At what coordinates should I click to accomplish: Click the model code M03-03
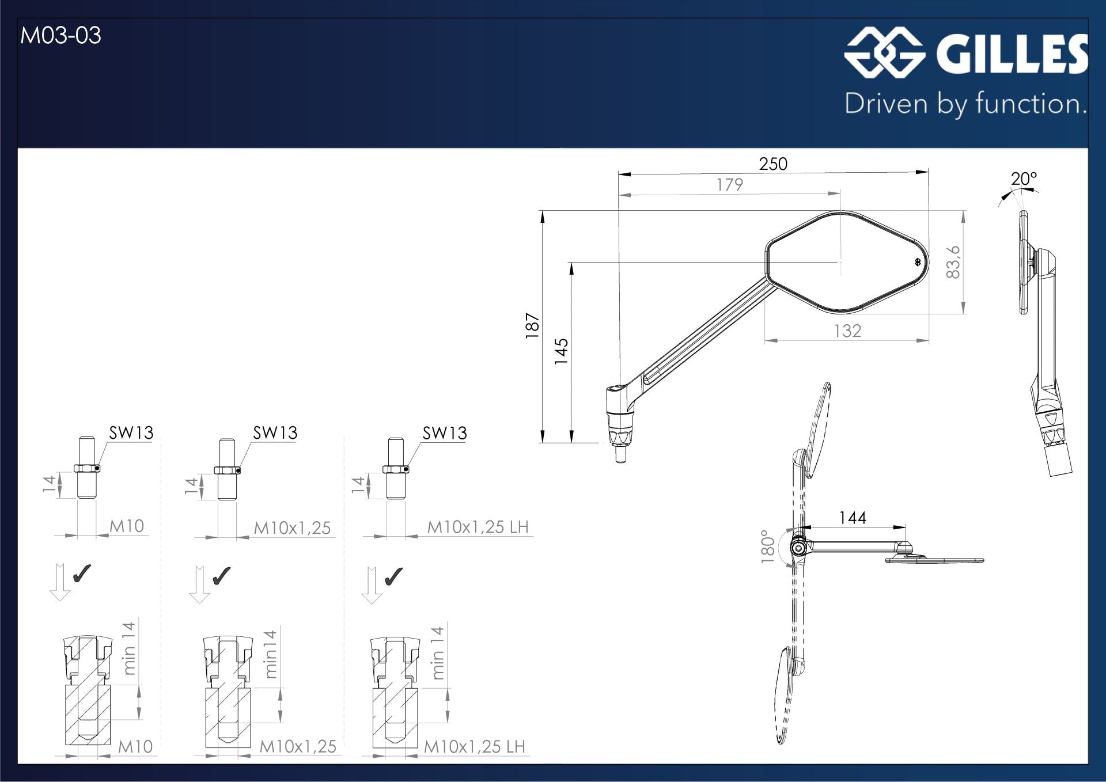tap(60, 36)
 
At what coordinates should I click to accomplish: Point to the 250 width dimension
tap(772, 164)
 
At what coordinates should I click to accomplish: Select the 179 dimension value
tap(730, 185)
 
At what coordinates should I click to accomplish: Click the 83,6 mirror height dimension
tap(953, 262)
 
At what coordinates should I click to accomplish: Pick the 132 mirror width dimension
tap(847, 331)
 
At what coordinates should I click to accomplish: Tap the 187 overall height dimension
tap(532, 326)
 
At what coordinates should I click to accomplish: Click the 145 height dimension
tap(561, 351)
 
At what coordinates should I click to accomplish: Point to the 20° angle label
tap(1024, 179)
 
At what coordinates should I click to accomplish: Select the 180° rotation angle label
tap(768, 546)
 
